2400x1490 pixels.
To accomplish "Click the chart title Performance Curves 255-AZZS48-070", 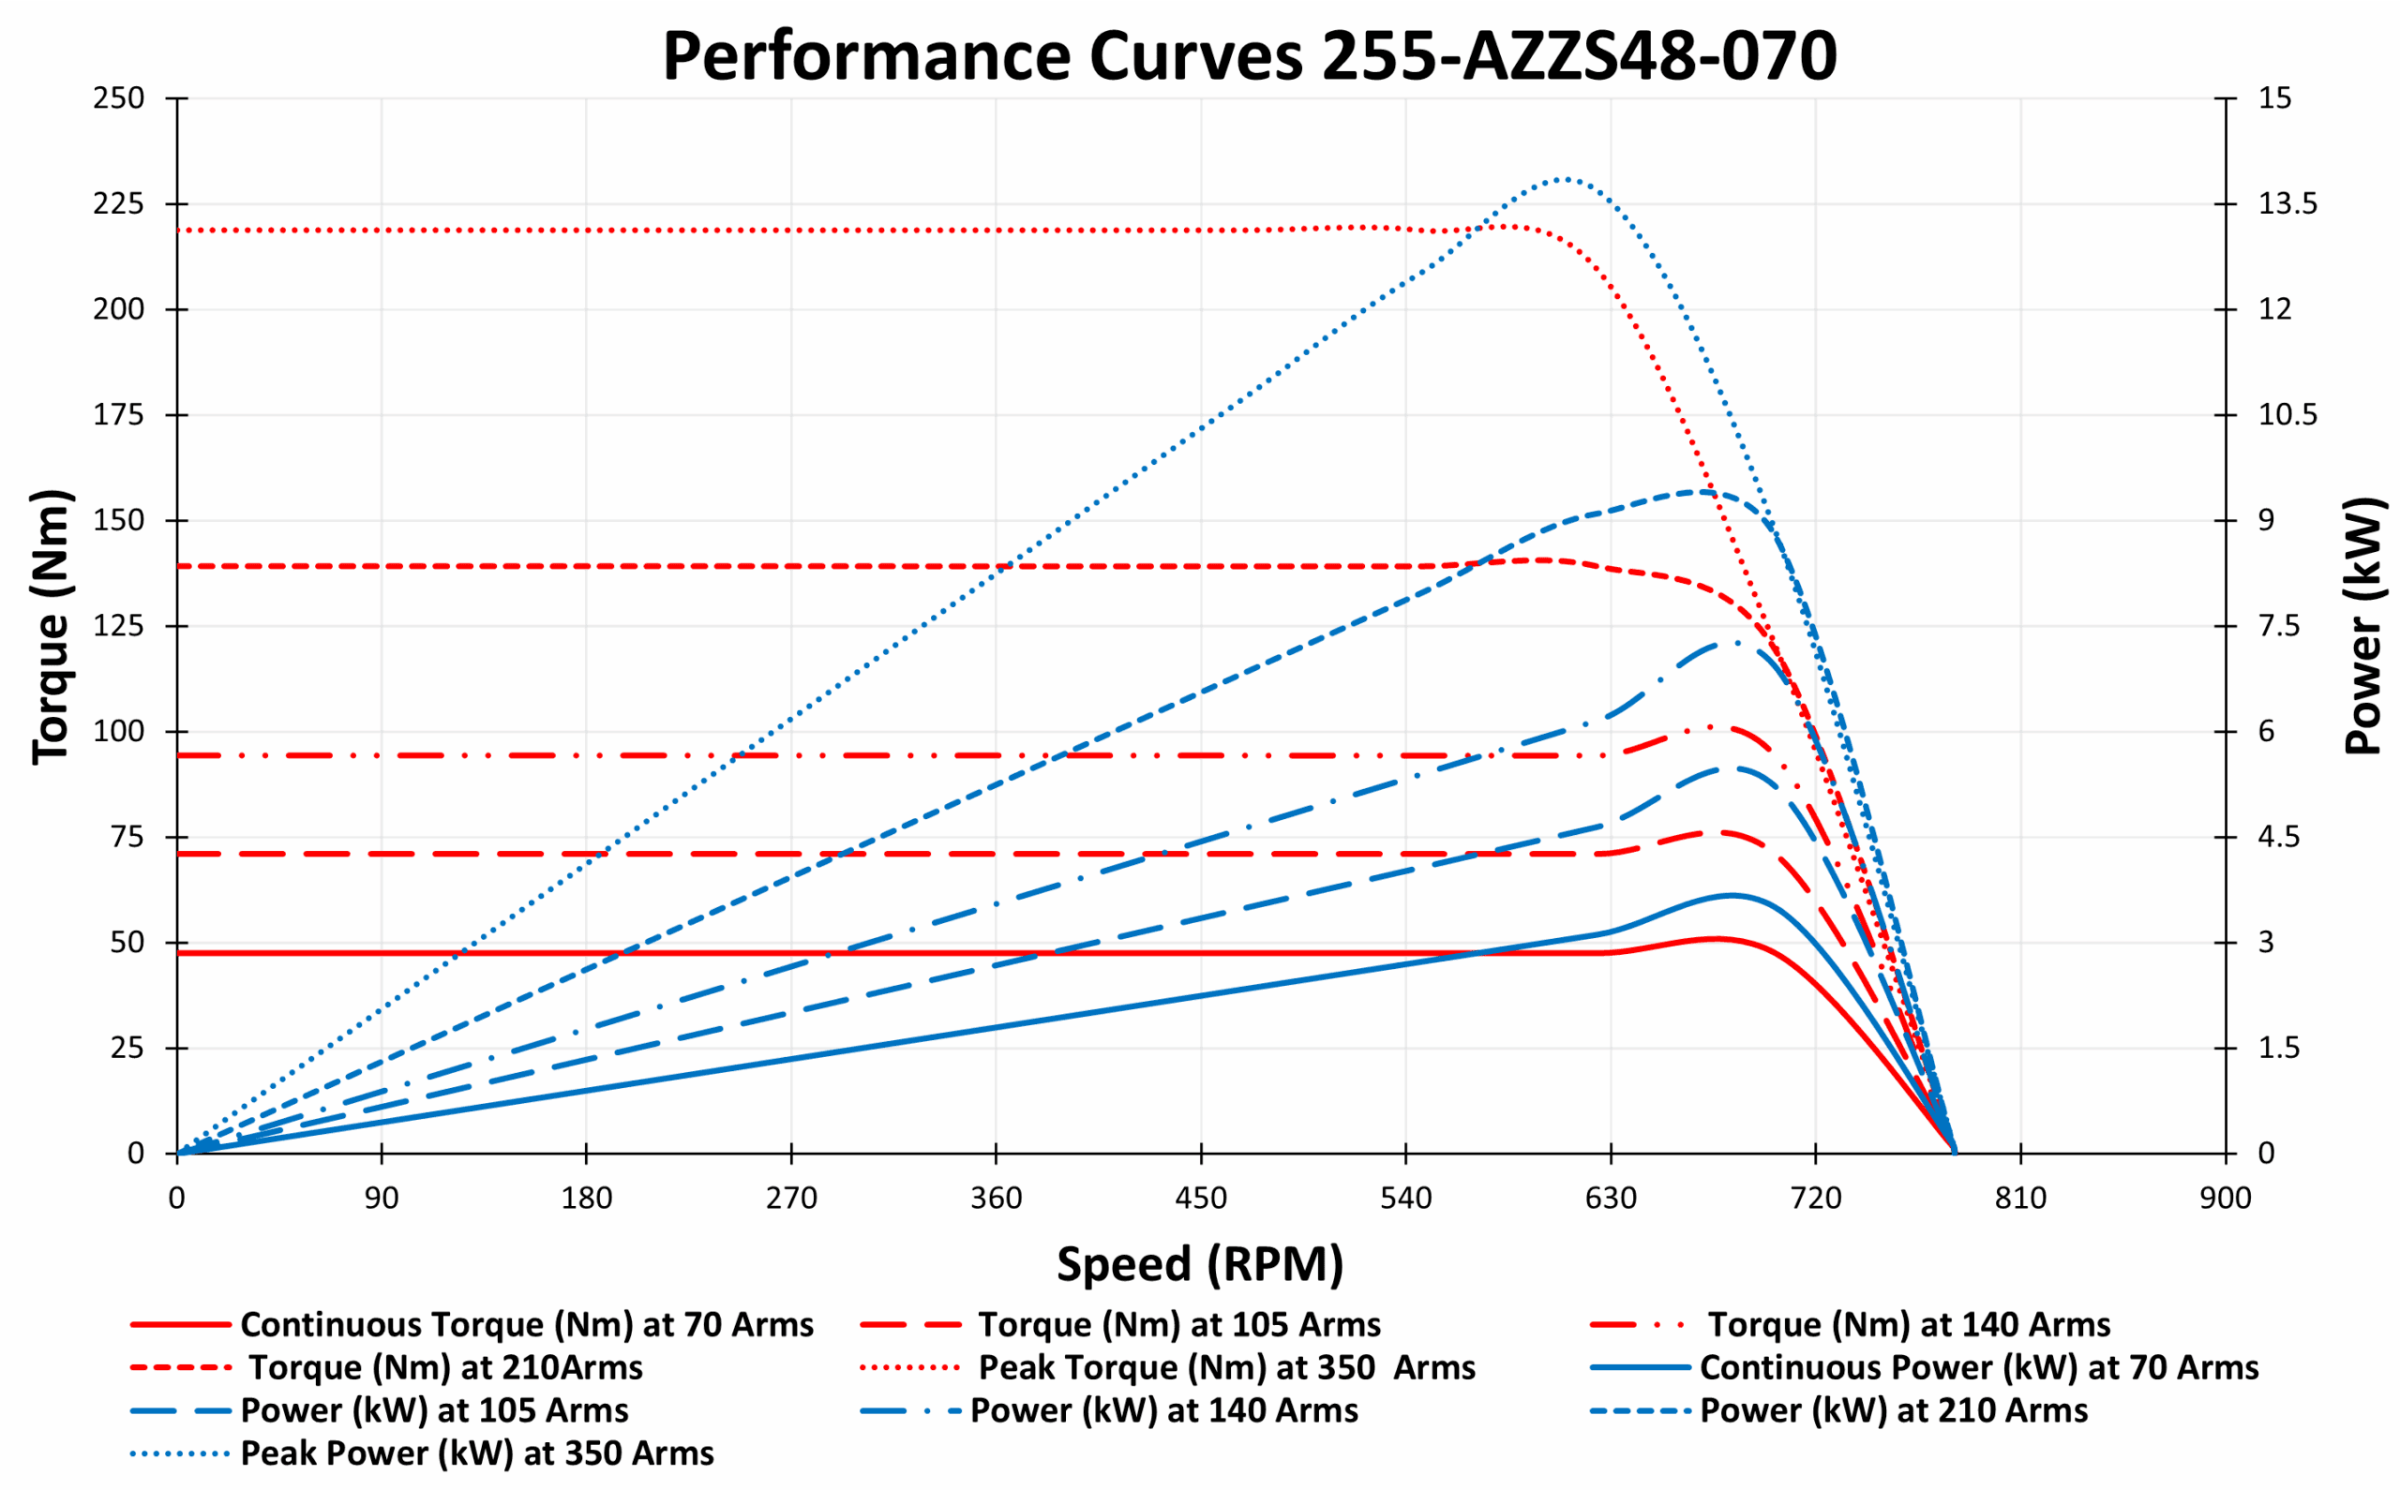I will coord(1249,57).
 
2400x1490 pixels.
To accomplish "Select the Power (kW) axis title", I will coord(2362,627).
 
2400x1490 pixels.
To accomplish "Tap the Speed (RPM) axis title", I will coord(1199,1264).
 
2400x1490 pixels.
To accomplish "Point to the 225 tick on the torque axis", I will coord(118,204).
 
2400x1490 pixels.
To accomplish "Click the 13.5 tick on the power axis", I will coord(2287,204).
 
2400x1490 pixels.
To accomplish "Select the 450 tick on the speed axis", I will coord(1201,1199).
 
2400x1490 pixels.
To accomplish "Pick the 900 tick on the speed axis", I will coord(2225,1199).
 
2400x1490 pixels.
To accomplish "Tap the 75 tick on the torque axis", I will coord(127,838).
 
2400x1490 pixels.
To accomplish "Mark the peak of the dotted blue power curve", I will coord(1563,179).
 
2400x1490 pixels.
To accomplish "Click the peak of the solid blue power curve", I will coord(1732,896).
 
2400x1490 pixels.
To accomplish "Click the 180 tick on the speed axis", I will coord(587,1199).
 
